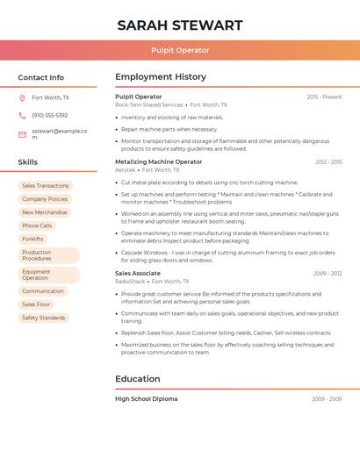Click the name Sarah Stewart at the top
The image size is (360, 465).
179,25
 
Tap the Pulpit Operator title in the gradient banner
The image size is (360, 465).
179,50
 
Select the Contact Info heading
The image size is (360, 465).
40,77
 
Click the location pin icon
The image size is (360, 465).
22,98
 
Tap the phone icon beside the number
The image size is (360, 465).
22,116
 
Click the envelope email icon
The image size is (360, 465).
22,134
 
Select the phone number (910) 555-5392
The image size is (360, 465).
49,116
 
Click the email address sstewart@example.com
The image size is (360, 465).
59,133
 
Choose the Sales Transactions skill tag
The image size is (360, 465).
45,186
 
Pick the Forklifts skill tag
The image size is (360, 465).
32,239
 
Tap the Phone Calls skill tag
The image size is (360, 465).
37,225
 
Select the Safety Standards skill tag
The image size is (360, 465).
43,318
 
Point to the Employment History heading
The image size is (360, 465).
161,77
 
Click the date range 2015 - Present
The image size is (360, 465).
324,97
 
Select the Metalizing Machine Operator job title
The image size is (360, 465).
158,161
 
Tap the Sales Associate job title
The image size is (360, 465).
138,273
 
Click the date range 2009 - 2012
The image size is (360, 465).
328,274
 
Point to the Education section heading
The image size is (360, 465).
138,379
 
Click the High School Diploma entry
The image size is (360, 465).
146,398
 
